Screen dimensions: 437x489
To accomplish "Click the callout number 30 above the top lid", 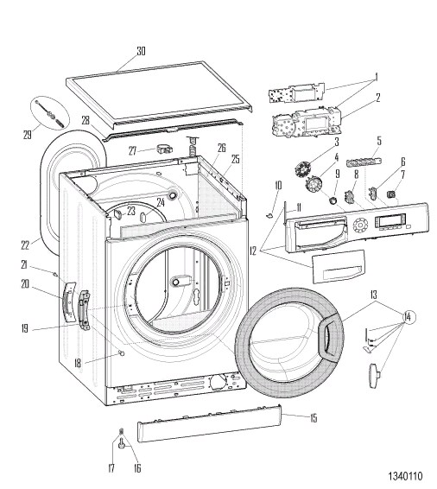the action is tap(141, 51).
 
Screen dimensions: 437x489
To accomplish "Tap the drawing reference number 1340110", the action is tap(405, 476).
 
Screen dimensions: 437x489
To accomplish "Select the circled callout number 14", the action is tap(407, 317).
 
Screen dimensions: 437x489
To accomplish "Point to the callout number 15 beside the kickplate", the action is tap(313, 418).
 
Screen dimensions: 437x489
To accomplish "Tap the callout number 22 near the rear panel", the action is tap(25, 245).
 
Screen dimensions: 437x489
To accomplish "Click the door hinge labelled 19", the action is tap(84, 309).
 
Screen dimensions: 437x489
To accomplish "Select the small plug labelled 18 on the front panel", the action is tap(121, 352).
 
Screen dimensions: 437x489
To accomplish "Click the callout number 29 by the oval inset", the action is tap(28, 135).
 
